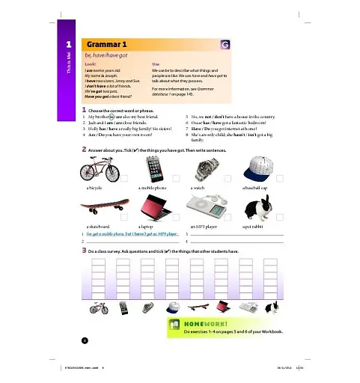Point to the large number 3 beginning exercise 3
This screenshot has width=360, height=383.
tap(85, 251)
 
